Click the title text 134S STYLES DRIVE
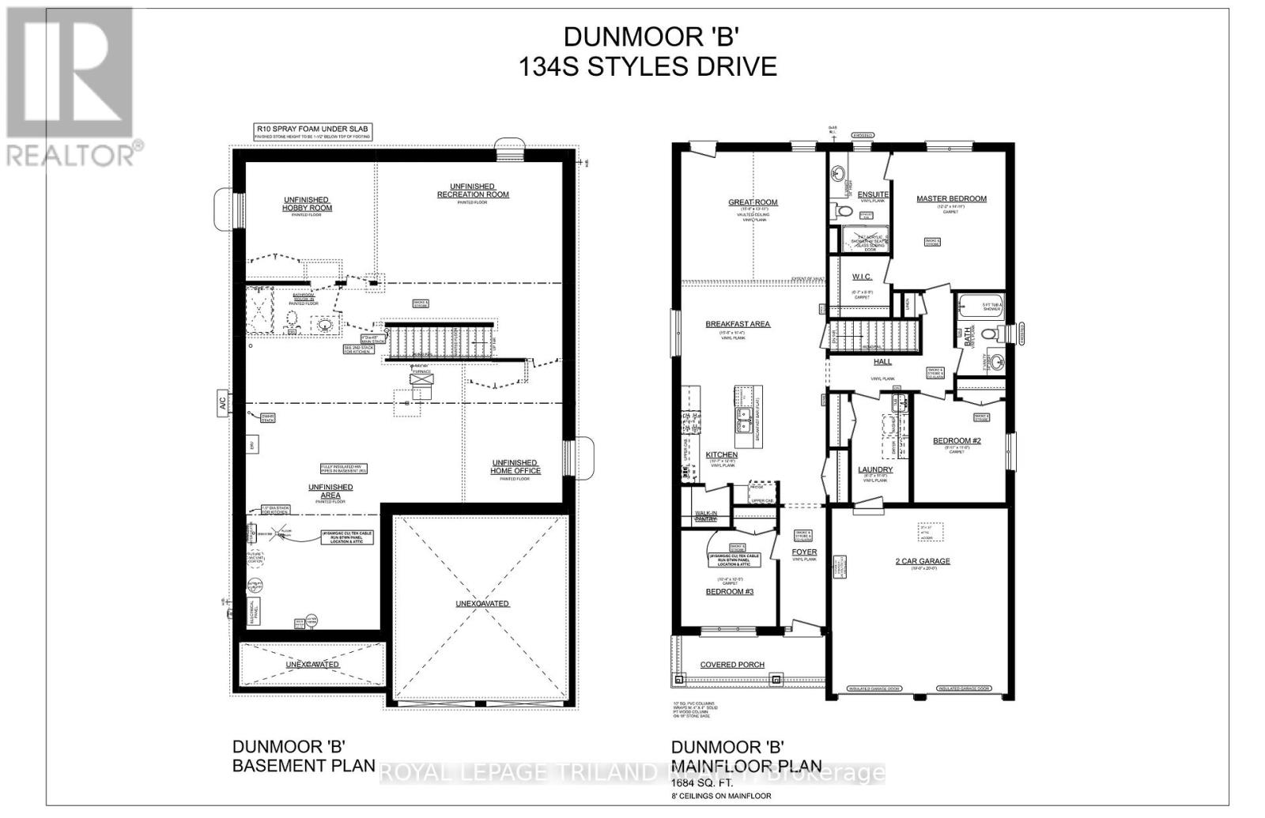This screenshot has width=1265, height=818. tap(647, 66)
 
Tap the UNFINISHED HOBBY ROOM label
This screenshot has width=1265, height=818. tap(307, 204)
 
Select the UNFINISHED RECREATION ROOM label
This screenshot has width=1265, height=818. tap(473, 190)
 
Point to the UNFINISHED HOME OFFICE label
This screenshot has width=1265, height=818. tap(515, 466)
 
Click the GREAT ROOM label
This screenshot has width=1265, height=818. tap(753, 202)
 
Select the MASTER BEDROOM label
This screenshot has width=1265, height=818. tap(951, 198)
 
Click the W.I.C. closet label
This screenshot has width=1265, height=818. tap(861, 277)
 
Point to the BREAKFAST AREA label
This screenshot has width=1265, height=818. tap(737, 324)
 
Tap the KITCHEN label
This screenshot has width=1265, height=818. tap(721, 455)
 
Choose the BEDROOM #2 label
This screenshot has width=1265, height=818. tap(957, 441)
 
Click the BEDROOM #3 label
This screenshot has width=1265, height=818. tap(729, 591)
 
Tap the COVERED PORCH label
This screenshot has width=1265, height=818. tap(732, 665)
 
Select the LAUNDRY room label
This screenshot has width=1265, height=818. tap(875, 469)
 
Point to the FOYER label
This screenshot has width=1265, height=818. tap(804, 552)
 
